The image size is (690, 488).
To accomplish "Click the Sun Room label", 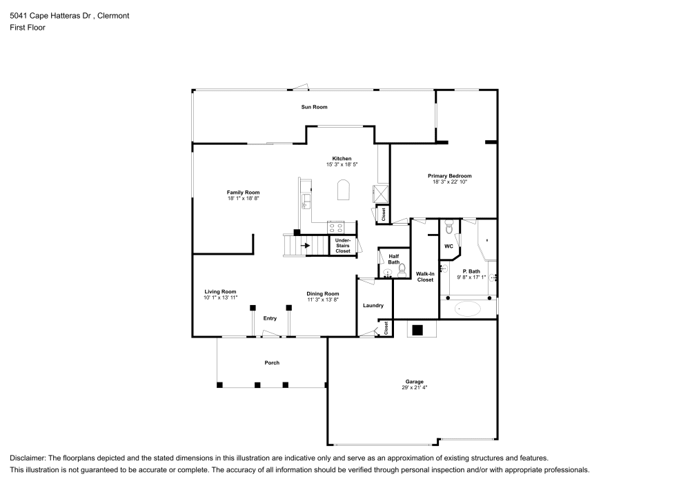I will coord(314,107).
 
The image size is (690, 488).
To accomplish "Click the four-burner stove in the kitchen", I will coord(336,226).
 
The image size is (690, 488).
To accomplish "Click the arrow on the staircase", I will coord(304,245).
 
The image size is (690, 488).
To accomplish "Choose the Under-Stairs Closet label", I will coord(342,246).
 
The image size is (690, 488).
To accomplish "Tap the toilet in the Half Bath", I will coord(402,273).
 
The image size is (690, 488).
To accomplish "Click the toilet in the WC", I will coord(448,226).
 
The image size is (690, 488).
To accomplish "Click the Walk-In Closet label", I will coord(424,277).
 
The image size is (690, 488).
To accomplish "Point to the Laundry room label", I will coord(373,306).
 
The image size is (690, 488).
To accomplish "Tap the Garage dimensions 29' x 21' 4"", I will coord(414,388).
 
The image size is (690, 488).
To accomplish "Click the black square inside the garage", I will coord(417,330).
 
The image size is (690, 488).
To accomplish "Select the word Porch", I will coord(272,363).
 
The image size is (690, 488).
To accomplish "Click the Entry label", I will coord(270,318).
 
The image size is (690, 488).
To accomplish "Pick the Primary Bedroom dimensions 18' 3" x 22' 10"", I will coord(450,182).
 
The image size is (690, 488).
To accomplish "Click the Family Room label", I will coord(243,193).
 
